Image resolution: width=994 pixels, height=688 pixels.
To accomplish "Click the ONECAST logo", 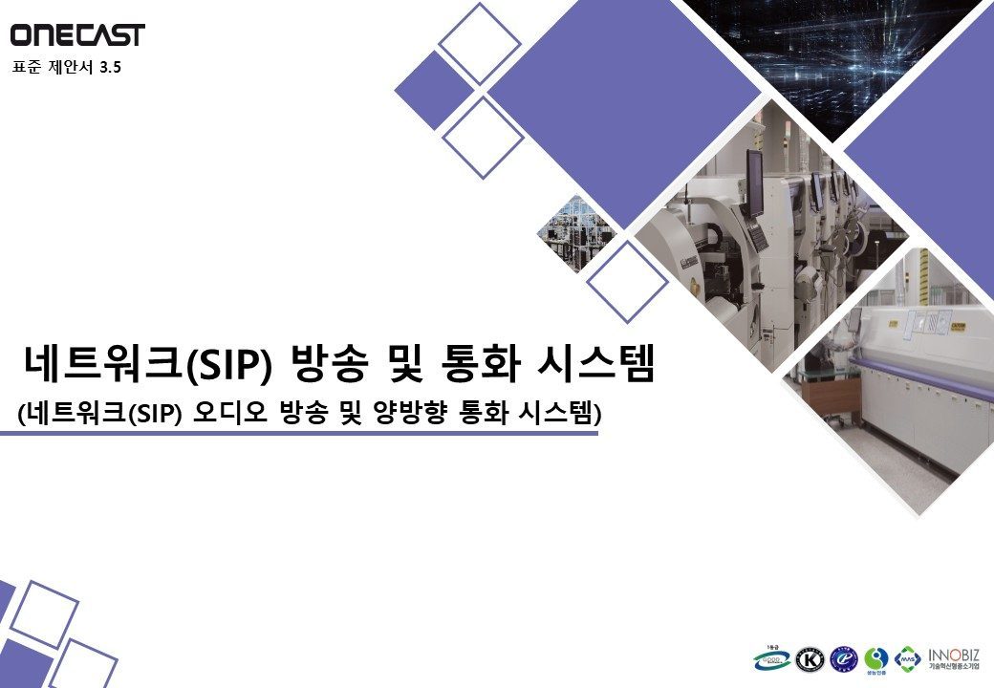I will pos(77,35).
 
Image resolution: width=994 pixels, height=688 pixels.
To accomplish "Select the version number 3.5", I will pos(112,67).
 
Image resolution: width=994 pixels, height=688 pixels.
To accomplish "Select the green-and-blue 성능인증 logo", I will pos(875,659).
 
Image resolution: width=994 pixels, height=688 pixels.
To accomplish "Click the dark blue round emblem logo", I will pos(843,659).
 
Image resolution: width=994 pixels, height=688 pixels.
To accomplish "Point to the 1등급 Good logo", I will pos(771,657).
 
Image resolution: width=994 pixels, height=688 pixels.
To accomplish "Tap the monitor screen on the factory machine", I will pos(755,183).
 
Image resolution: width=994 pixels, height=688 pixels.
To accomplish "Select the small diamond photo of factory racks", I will pos(573,233).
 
